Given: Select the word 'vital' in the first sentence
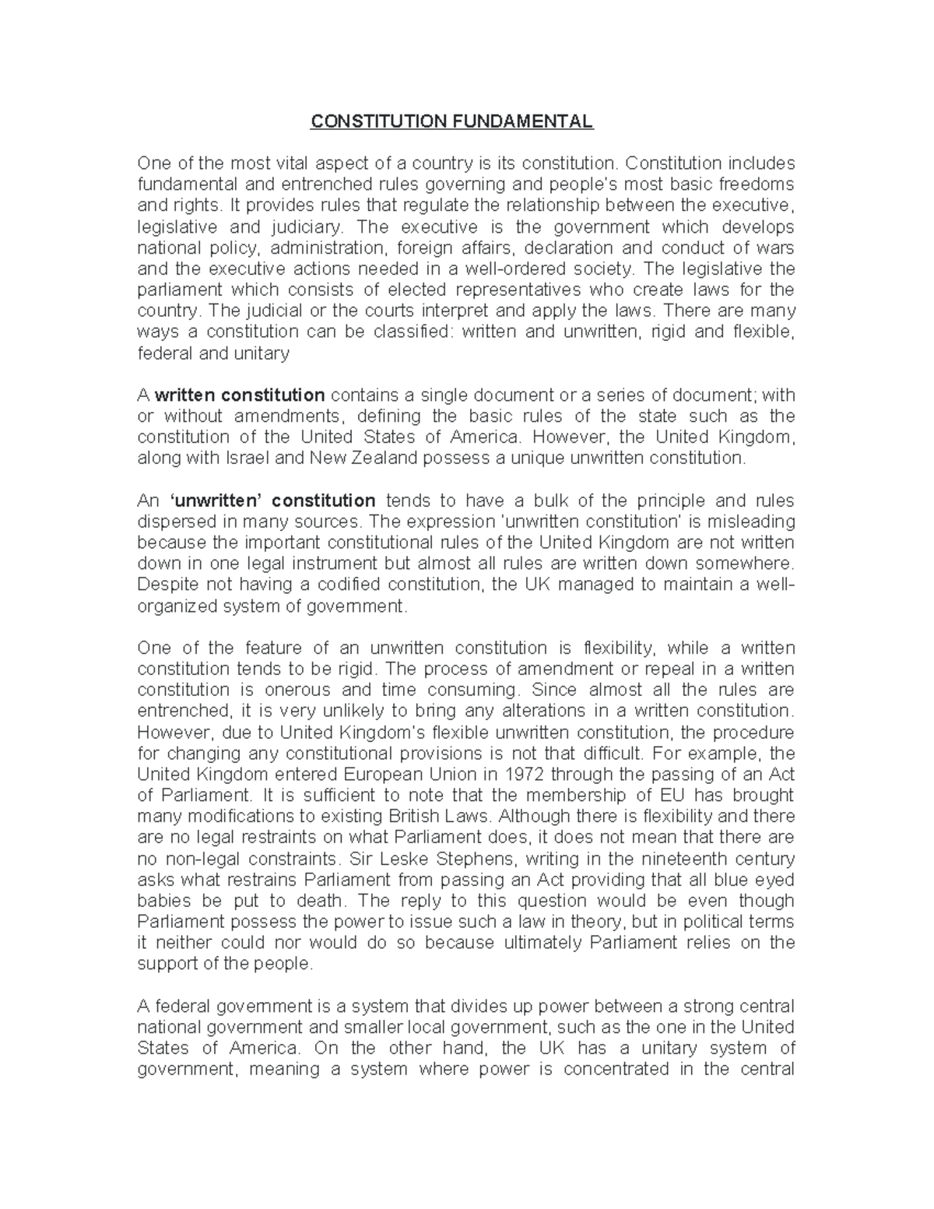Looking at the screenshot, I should pyautogui.click(x=293, y=163).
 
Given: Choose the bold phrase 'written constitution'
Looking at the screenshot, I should pyautogui.click(x=241, y=395).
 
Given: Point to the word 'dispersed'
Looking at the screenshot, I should pyautogui.click(x=174, y=521).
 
